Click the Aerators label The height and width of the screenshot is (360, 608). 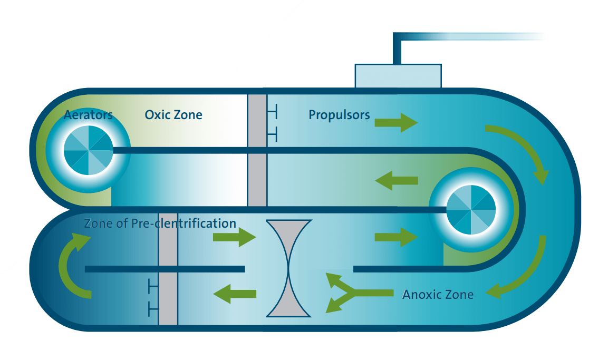pyautogui.click(x=88, y=115)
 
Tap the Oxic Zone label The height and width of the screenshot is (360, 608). pyautogui.click(x=173, y=114)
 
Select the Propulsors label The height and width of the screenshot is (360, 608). pyautogui.click(x=339, y=114)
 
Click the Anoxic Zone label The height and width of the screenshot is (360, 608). pyautogui.click(x=438, y=294)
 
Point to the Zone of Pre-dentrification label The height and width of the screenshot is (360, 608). pyautogui.click(x=160, y=223)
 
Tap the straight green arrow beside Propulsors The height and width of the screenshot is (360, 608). pyautogui.click(x=396, y=123)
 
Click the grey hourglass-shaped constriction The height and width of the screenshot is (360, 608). pyautogui.click(x=288, y=269)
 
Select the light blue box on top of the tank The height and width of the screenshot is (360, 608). pyautogui.click(x=398, y=76)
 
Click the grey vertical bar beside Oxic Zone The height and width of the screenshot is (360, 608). pyautogui.click(x=257, y=150)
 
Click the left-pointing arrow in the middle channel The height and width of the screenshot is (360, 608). pyautogui.click(x=396, y=181)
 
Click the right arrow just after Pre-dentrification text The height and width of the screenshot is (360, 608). pyautogui.click(x=234, y=237)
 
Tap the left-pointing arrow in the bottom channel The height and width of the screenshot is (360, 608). pyautogui.click(x=235, y=294)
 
